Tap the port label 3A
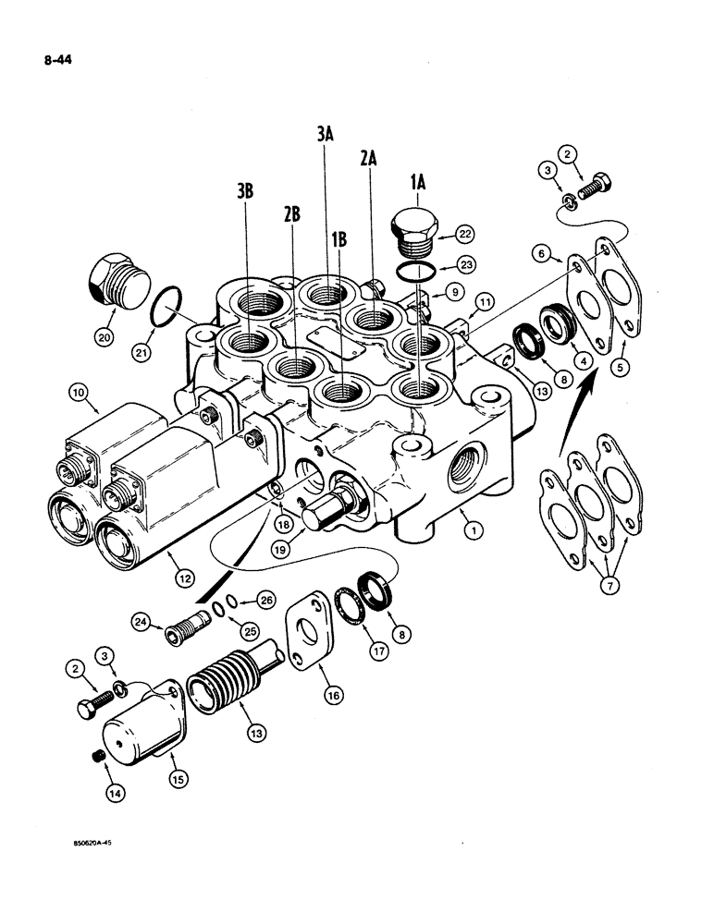click(x=324, y=136)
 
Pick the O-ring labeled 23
click(x=412, y=270)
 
